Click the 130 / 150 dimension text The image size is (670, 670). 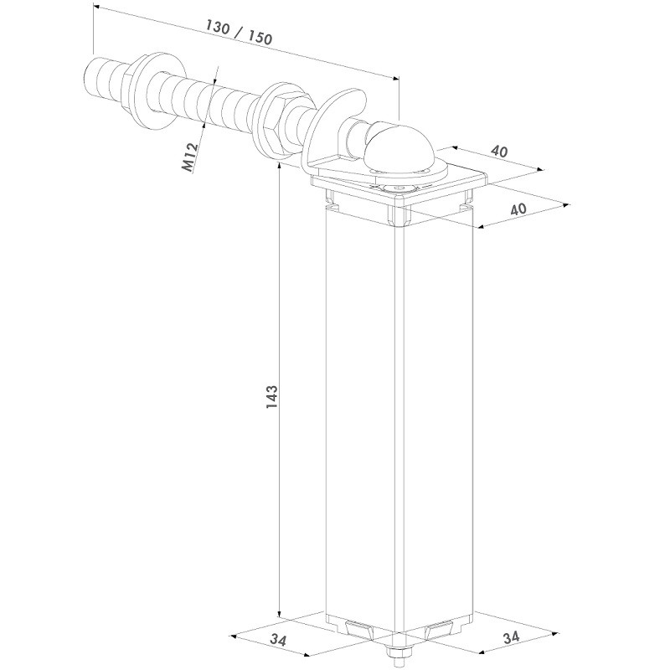[239, 33]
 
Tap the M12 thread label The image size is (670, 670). [190, 157]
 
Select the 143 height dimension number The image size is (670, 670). [271, 396]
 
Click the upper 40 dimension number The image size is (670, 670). [499, 151]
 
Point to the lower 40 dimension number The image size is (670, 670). [519, 209]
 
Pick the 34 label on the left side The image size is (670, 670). [279, 639]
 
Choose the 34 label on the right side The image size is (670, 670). [511, 637]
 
